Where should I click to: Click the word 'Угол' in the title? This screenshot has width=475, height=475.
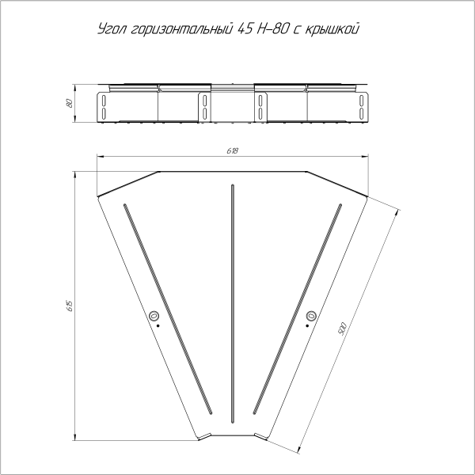109,30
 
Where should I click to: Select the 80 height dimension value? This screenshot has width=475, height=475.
70,104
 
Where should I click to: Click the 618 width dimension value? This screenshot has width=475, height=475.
233,150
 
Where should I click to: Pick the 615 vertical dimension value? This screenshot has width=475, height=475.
70,305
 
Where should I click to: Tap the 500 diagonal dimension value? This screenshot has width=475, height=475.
343,329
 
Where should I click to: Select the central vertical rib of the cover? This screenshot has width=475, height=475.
233,301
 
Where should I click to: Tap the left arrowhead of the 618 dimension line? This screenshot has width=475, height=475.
99,156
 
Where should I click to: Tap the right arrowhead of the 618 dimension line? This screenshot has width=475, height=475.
367,156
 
